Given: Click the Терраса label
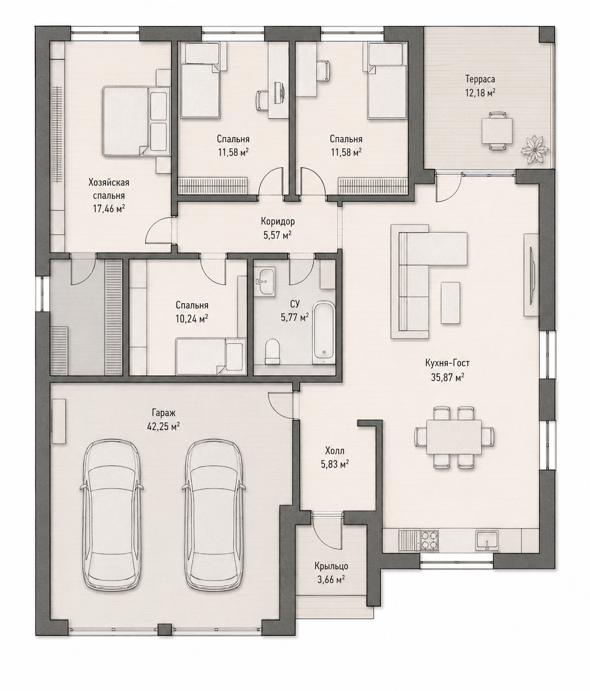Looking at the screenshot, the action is (480, 79).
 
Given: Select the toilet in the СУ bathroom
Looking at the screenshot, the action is (272, 351).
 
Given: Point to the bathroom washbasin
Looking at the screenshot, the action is (264, 281).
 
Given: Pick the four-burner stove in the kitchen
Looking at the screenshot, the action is (429, 540).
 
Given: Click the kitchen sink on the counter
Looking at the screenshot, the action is (487, 540).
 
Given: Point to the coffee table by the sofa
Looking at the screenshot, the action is (450, 303).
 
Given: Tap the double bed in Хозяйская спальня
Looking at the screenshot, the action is (135, 121).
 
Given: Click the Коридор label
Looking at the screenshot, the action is (277, 221).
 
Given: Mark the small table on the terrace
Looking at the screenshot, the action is (497, 131).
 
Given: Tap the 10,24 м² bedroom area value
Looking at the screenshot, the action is (192, 319).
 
